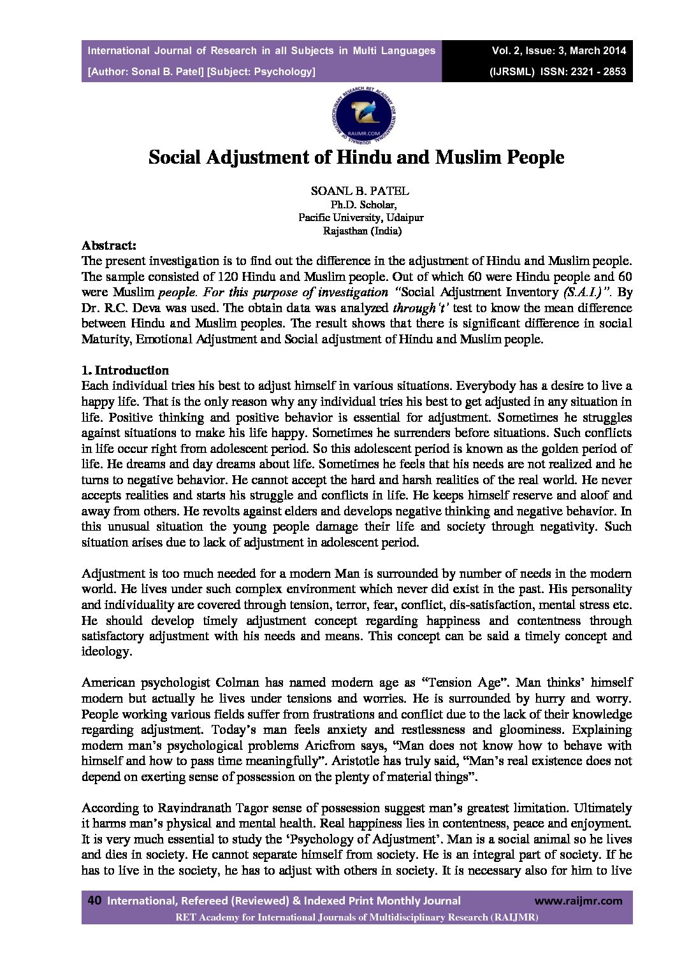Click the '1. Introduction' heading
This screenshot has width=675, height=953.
125,370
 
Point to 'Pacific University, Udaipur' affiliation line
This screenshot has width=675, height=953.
361,217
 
